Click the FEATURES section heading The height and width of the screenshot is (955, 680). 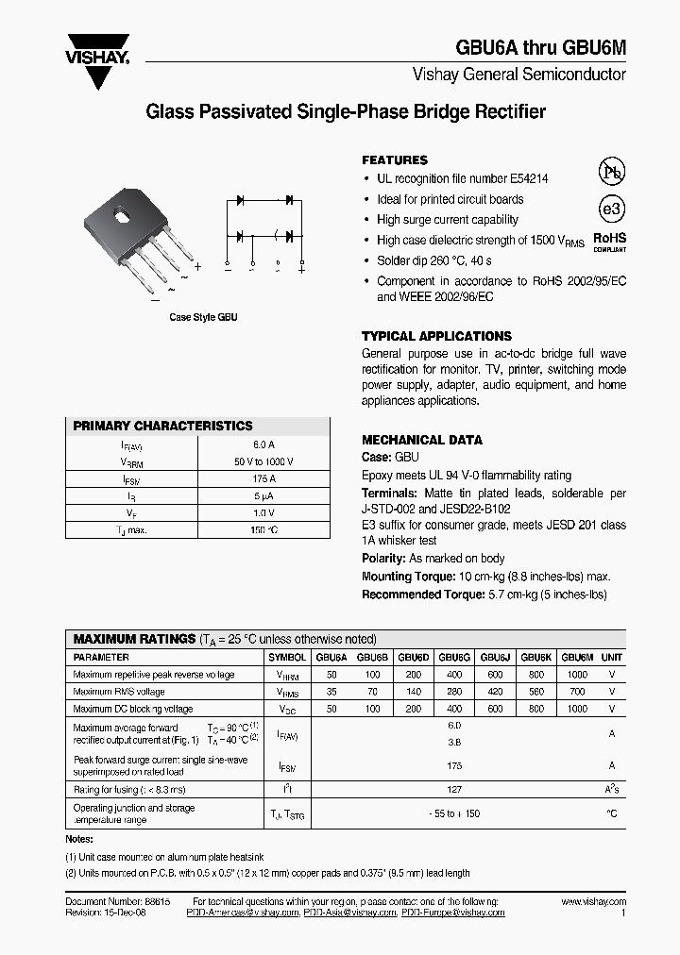[395, 160]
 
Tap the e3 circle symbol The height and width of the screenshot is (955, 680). [612, 209]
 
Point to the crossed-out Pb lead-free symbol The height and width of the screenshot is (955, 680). [612, 172]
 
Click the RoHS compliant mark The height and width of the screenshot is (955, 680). [609, 242]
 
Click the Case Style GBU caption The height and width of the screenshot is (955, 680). [203, 318]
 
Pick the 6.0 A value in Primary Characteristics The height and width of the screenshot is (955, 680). [263, 444]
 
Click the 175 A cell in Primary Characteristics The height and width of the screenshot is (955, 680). [263, 478]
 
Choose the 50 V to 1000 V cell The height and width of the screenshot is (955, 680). [263, 461]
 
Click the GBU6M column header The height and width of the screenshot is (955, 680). [577, 657]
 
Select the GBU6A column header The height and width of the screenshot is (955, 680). [331, 657]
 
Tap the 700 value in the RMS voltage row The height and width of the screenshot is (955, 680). [577, 692]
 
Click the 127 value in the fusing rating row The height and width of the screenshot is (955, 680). [454, 789]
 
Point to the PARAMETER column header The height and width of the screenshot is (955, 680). [101, 657]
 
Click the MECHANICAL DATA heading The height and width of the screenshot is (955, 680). [422, 440]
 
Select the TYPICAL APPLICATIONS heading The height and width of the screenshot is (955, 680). [436, 336]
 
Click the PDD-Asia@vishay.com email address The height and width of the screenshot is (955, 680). [350, 913]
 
